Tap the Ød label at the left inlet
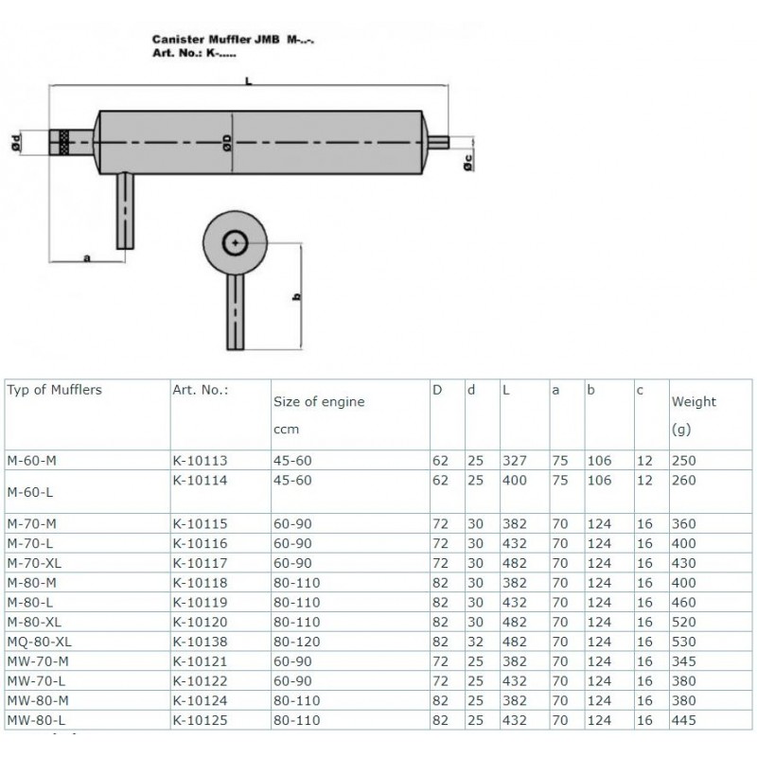click(x=15, y=143)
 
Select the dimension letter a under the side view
click(x=87, y=257)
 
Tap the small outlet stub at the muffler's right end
click(x=440, y=143)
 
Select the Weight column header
click(x=694, y=401)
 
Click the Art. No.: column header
click(x=200, y=388)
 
